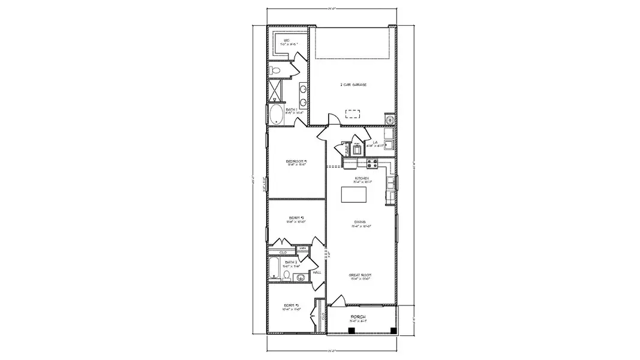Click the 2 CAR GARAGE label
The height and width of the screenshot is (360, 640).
353,85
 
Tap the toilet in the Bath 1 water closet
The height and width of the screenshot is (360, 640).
275,71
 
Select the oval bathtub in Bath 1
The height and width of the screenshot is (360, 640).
277,115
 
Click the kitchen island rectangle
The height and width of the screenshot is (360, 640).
354,195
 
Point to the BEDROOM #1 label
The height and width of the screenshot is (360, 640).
296,161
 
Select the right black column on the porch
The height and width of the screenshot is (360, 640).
392,330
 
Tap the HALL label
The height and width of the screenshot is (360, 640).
317,272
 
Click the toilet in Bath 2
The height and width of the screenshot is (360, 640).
287,276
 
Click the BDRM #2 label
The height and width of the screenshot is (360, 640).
296,218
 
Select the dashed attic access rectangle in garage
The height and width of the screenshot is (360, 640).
353,113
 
